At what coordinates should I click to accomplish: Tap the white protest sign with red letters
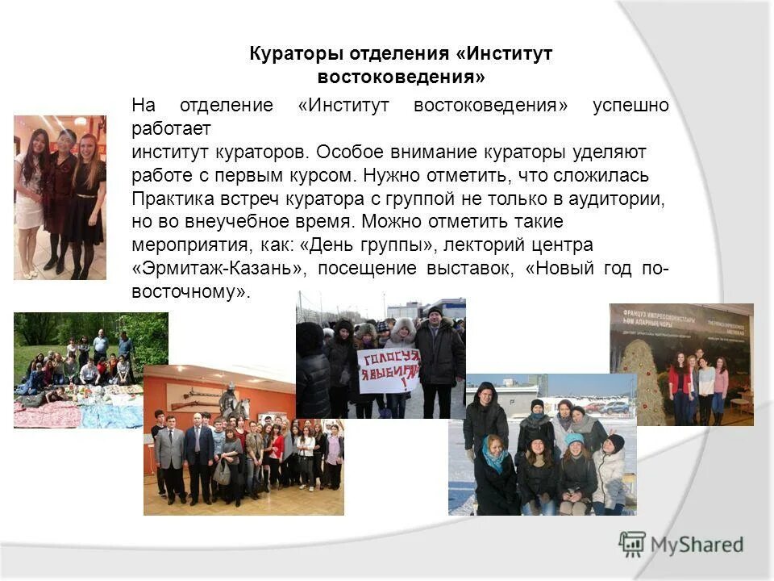(x=389, y=370)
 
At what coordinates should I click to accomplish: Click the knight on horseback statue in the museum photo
(x=229, y=401)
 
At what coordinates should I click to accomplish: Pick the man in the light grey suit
(x=171, y=452)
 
